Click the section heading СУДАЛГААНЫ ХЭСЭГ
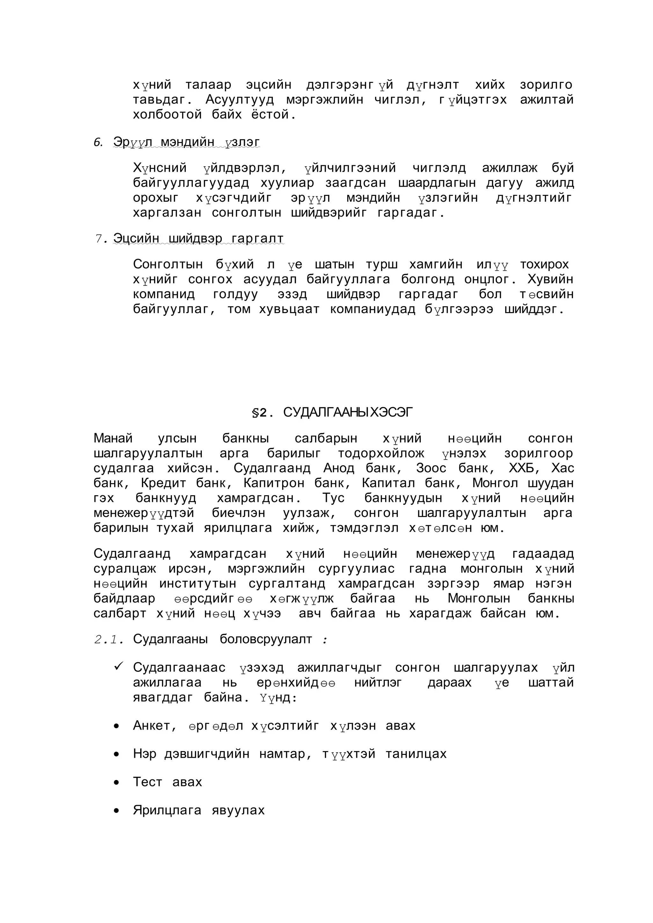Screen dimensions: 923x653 [x=348, y=412]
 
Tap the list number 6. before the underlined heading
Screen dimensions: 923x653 [x=98, y=142]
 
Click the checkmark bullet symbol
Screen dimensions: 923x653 [x=118, y=667]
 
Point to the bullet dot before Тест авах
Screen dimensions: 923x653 [x=117, y=783]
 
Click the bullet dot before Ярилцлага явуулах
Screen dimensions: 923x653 [x=117, y=811]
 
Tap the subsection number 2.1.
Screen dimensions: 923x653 [x=108, y=639]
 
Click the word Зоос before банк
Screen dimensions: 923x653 [x=431, y=468]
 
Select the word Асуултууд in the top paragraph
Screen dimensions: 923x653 [x=240, y=100]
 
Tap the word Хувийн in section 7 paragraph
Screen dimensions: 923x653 [x=550, y=279]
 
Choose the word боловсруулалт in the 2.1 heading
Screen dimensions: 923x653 [x=266, y=639]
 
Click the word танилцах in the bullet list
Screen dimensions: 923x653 [x=416, y=754]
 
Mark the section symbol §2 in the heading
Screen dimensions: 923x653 [x=260, y=413]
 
